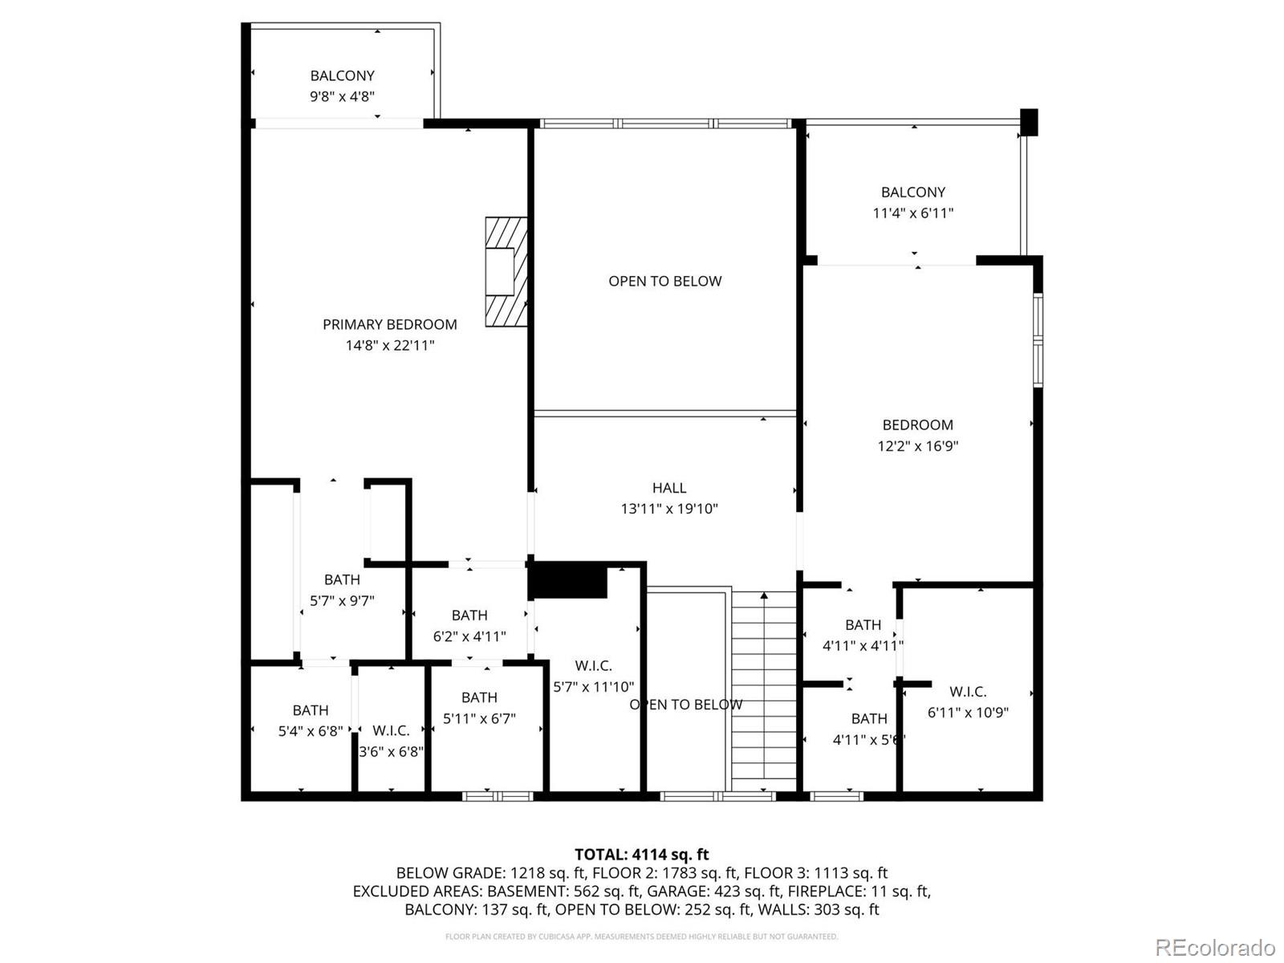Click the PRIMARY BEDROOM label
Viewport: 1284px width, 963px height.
pos(389,324)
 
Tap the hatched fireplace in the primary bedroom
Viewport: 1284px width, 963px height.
pos(506,271)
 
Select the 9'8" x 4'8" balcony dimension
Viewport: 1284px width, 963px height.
pos(342,96)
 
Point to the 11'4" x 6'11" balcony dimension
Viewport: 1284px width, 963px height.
pos(912,213)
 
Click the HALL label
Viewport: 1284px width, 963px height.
pos(668,488)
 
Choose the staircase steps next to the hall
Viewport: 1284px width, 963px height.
pos(763,690)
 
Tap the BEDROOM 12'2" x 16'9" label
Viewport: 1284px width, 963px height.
pos(917,425)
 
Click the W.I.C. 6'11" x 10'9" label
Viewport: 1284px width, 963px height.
pos(967,692)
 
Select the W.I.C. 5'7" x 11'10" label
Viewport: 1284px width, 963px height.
pos(593,666)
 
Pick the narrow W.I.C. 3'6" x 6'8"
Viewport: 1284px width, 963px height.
pos(391,731)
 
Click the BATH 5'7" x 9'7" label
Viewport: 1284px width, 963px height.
pos(342,579)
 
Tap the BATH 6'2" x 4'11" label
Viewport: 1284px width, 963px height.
pos(469,616)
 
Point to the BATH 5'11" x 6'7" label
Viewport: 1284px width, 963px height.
pos(479,698)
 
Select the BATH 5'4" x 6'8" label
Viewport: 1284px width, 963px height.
pos(310,711)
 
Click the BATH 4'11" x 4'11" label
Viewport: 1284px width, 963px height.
pos(863,625)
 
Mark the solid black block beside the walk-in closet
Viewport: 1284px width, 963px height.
pos(567,580)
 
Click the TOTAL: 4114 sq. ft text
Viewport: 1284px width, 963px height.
pos(641,855)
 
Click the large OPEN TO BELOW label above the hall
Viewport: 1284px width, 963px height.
pos(664,282)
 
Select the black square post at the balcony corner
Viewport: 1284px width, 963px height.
pos(1029,122)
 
